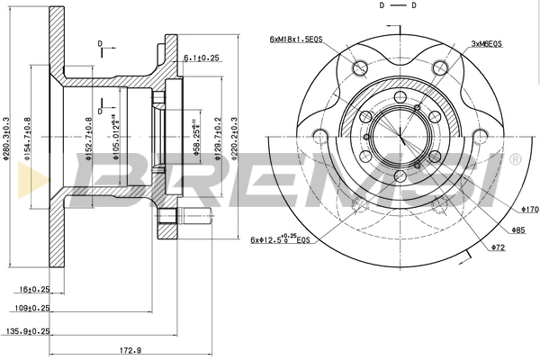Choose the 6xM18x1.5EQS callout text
[298, 40]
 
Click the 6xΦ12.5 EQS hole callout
[281, 238]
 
